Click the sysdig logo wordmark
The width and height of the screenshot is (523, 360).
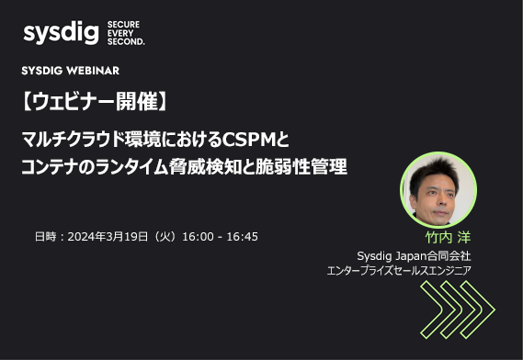(60, 34)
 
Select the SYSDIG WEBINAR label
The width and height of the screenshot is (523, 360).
(70, 71)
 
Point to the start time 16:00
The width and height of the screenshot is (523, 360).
(199, 236)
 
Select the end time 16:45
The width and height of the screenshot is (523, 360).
(241, 236)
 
